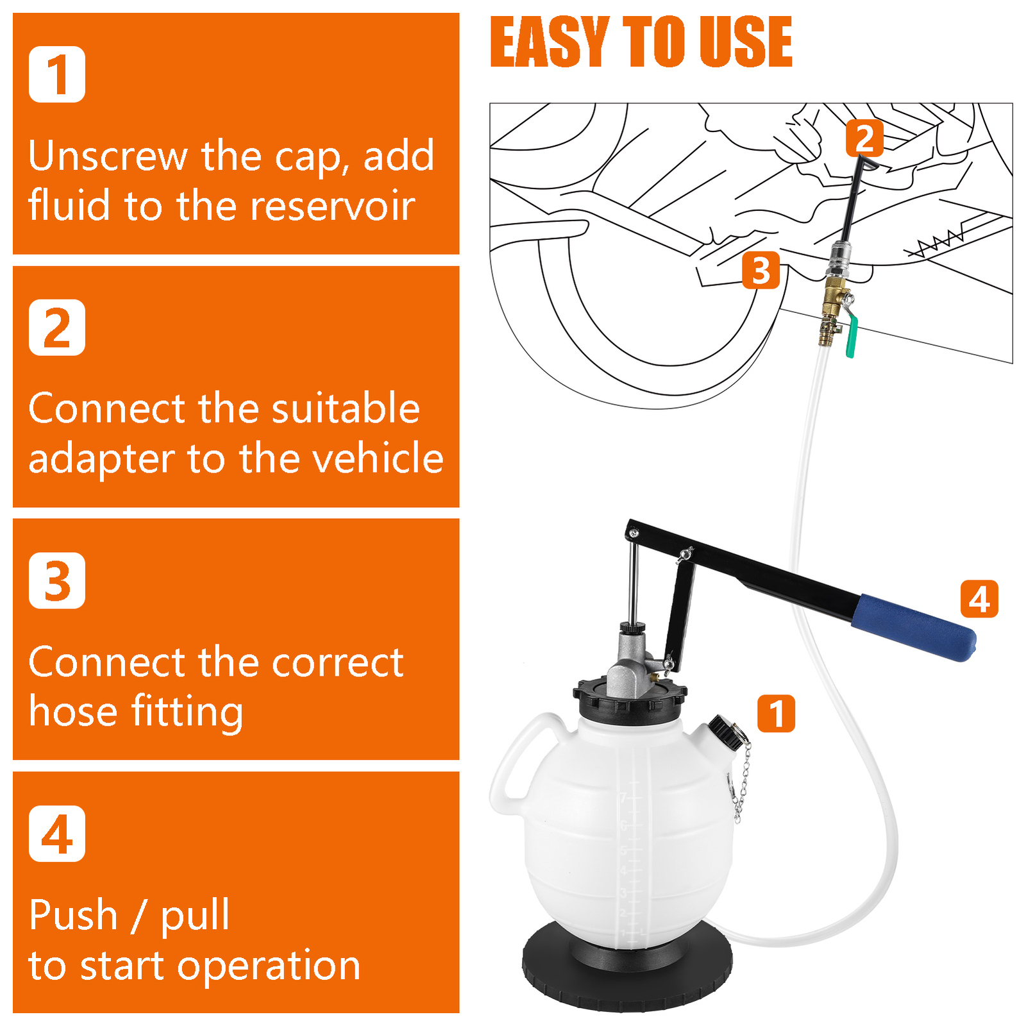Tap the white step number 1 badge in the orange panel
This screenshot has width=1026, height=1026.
pyautogui.click(x=57, y=74)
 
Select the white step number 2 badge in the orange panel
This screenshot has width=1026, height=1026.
pyautogui.click(x=57, y=328)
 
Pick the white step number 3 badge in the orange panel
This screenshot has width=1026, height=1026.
pyautogui.click(x=57, y=580)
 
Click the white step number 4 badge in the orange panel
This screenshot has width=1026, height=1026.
pyautogui.click(x=57, y=834)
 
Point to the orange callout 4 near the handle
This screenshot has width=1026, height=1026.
pyautogui.click(x=979, y=599)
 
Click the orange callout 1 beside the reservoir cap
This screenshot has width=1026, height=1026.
pyautogui.click(x=776, y=713)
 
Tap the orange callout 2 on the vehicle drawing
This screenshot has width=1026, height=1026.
pyautogui.click(x=864, y=138)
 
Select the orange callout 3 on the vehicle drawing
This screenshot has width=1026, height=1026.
pyautogui.click(x=761, y=270)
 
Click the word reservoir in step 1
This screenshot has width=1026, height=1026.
pyautogui.click(x=333, y=206)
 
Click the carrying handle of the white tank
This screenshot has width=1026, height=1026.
pyautogui.click(x=513, y=763)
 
